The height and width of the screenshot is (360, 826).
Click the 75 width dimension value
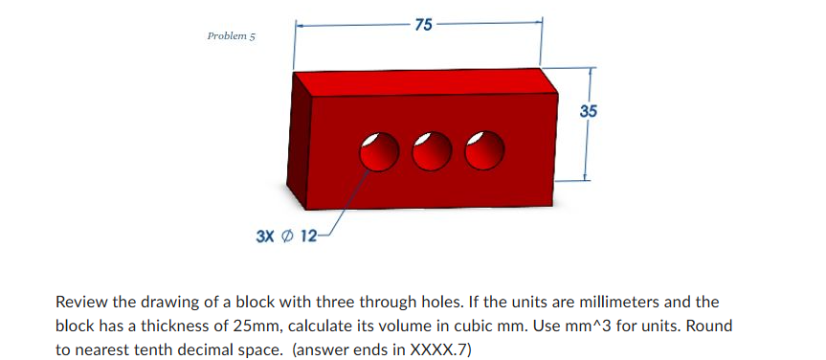point(422,25)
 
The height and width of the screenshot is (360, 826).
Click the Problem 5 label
point(232,36)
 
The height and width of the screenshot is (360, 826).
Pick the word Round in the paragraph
point(710,326)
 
